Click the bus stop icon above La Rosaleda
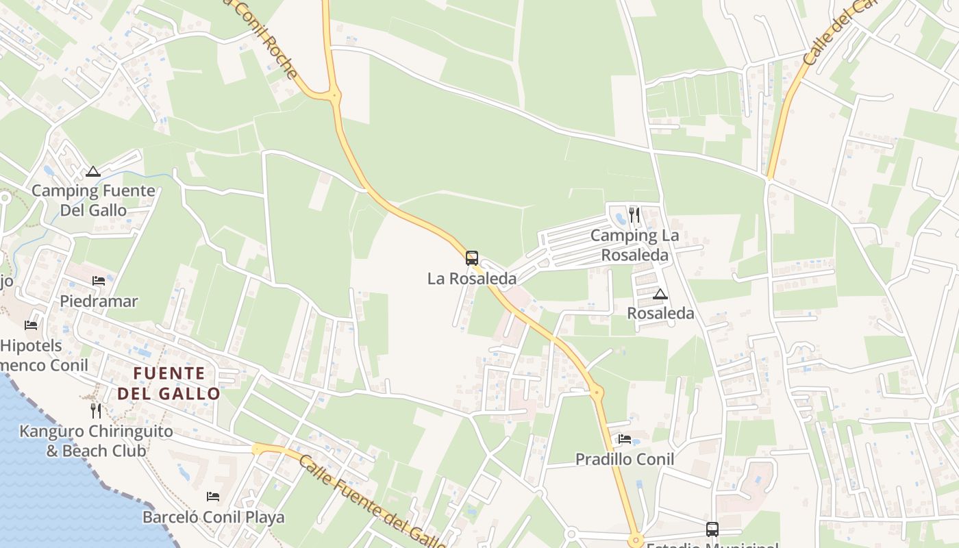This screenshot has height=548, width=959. pos(472,258)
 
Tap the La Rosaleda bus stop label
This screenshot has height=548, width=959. pos(472,279)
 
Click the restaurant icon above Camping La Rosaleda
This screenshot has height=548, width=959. pos(634,215)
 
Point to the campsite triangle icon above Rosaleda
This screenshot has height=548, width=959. pos(660,295)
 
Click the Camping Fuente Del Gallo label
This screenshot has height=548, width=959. pos(93,200)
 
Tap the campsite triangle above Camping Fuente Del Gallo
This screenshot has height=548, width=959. pos(93,171)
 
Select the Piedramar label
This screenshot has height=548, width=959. pos(99,301)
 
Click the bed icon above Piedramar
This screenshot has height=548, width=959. pos(99,280)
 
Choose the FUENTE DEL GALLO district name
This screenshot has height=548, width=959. pos(169,384)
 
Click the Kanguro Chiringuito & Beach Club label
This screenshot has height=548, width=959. pos(96,441)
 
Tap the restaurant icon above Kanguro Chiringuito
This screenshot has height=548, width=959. pos(96,410)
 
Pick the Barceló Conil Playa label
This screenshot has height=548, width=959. pos(214,517)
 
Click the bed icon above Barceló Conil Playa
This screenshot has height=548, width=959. pos(213,496)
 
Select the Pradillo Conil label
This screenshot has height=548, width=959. pos(625,459)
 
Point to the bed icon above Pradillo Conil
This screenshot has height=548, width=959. pos(625,438)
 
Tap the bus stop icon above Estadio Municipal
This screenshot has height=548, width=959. pos(712,529)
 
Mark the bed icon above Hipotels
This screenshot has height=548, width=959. pos(31,325)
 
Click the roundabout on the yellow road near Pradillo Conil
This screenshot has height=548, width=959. pos(597,393)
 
